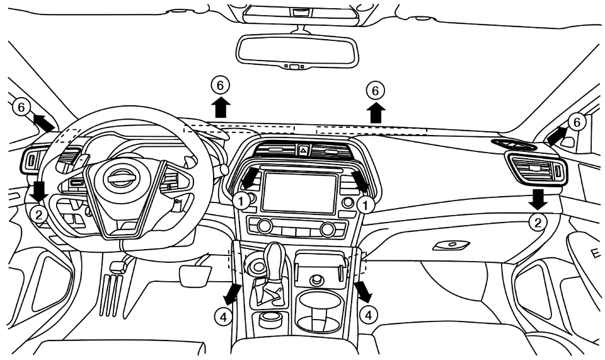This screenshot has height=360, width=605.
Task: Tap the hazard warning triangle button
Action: click(x=302, y=150)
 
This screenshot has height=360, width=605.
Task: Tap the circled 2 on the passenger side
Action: click(x=537, y=221)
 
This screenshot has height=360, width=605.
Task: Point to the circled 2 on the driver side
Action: click(x=39, y=214)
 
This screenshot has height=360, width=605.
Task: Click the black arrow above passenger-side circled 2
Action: click(x=538, y=198)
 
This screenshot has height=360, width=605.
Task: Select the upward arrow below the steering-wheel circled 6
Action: click(x=220, y=108)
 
